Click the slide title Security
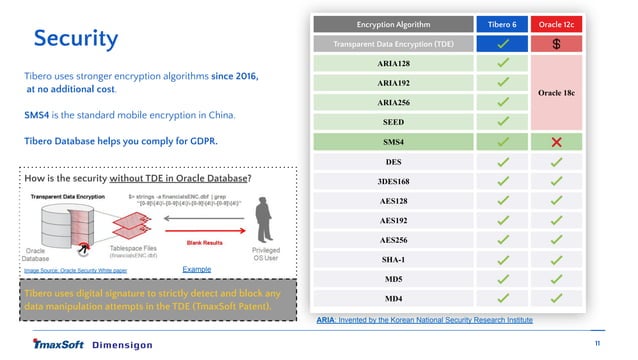click(x=76, y=39)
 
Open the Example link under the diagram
click(x=196, y=269)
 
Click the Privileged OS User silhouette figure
click(x=264, y=216)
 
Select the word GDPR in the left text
click(x=200, y=141)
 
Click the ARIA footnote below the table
click(x=425, y=319)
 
